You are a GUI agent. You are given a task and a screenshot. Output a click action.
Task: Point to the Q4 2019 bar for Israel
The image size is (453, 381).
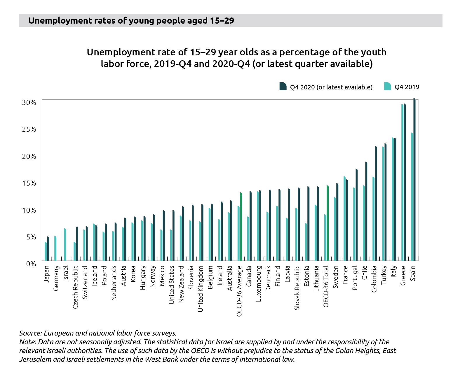coord(65,245)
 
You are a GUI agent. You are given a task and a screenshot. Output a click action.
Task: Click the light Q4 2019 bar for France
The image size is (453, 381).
coord(344,218)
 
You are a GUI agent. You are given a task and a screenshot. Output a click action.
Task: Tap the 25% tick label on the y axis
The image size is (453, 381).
coord(29,129)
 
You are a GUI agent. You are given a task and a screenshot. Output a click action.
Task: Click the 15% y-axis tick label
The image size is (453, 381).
coord(29,183)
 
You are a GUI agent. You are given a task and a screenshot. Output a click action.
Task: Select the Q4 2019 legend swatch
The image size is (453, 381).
coord(387,86)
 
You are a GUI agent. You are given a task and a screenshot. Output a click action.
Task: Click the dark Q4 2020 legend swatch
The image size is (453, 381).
coord(283,86)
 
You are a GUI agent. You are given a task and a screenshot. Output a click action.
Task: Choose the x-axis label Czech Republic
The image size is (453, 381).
coord(75,287)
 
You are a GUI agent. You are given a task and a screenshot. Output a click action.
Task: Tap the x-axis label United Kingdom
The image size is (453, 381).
coord(201,289)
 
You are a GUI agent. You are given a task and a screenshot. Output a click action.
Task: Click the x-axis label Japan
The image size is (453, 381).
coord(46,274)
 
